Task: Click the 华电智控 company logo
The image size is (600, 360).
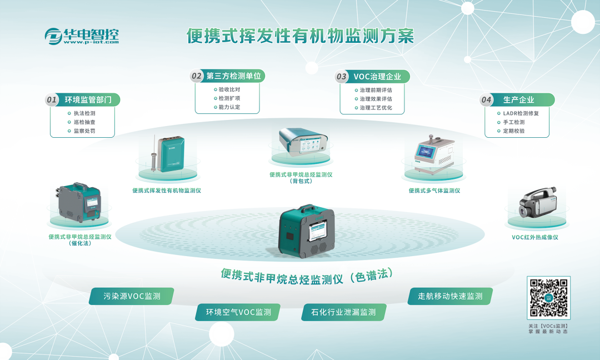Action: tap(82, 36)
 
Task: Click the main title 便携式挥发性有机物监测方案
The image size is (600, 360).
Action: tap(301, 36)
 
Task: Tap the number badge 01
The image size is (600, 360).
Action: tap(52, 100)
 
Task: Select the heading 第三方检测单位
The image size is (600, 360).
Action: tap(233, 76)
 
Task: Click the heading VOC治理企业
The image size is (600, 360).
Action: tap(377, 77)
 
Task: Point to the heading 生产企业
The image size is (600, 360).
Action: tap(518, 100)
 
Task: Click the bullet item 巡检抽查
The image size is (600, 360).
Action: tap(84, 122)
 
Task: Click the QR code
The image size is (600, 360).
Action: tap(549, 298)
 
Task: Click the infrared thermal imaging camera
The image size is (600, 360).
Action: tap(537, 203)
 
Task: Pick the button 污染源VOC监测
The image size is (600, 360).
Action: tap(132, 296)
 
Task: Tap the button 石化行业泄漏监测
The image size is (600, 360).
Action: tap(344, 312)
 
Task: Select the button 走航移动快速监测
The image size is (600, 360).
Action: tap(450, 296)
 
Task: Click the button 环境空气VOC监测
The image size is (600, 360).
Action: tap(238, 312)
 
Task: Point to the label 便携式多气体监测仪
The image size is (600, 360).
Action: tap(434, 191)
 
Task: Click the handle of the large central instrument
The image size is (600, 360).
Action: tap(309, 208)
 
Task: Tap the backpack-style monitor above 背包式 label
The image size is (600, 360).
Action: tap(301, 142)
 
